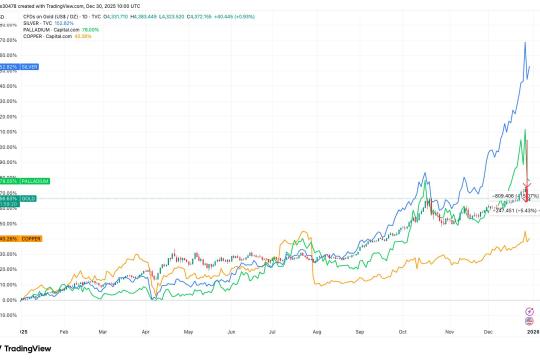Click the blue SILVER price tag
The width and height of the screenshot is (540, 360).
click(x=19, y=66)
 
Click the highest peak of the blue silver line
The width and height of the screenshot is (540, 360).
click(x=525, y=43)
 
